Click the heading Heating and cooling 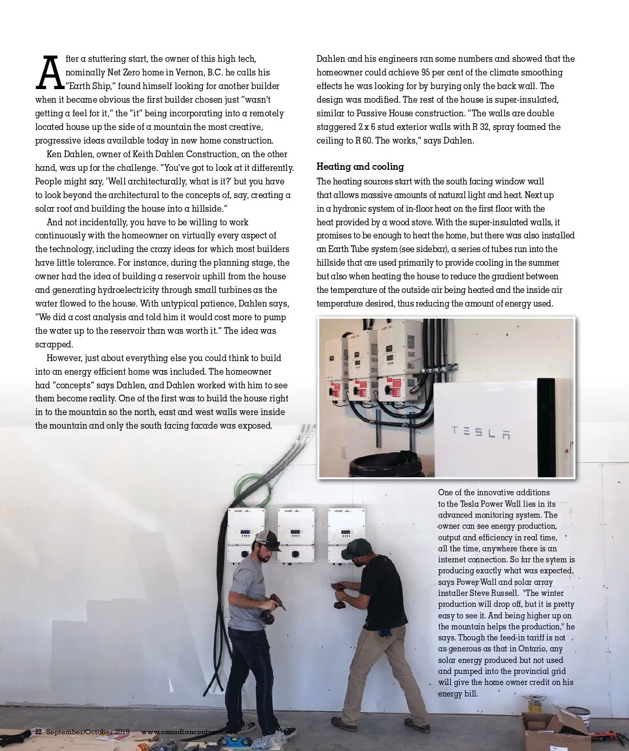pyautogui.click(x=360, y=167)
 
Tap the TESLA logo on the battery pyautogui.click(x=481, y=432)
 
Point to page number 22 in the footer pyautogui.click(x=38, y=732)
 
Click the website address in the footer pyautogui.click(x=189, y=732)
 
